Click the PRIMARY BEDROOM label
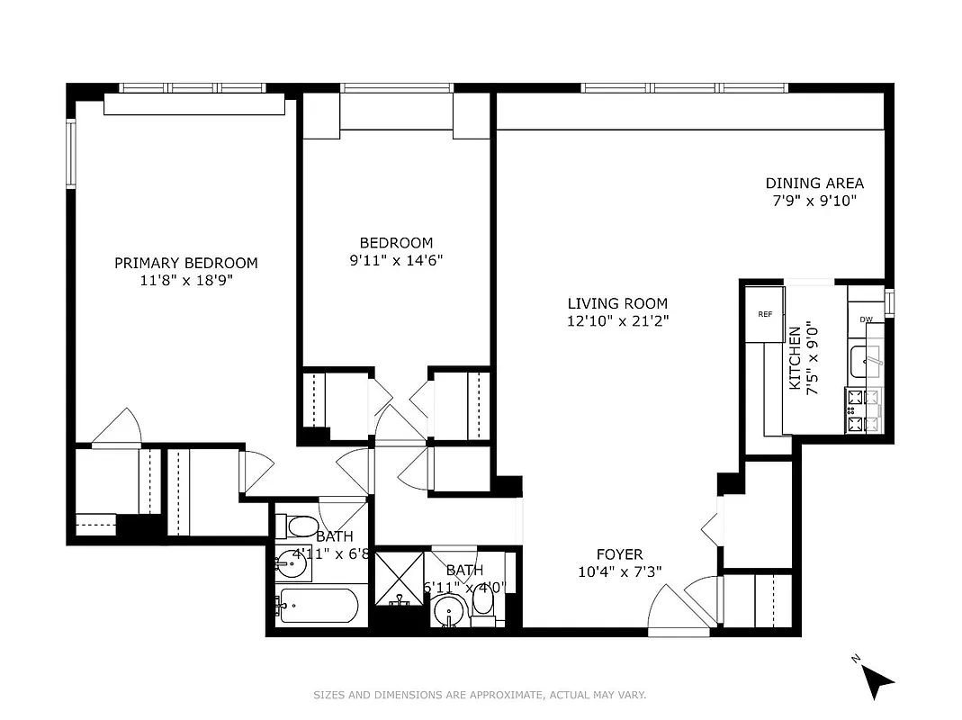click(185, 263)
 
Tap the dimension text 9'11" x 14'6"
click(396, 260)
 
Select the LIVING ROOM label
click(617, 303)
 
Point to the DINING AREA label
click(814, 183)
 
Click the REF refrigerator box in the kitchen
click(765, 314)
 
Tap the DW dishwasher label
click(866, 319)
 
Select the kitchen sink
click(867, 361)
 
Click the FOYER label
click(620, 554)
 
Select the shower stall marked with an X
click(397, 577)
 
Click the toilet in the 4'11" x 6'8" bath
click(297, 526)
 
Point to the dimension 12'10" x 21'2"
click(617, 319)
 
